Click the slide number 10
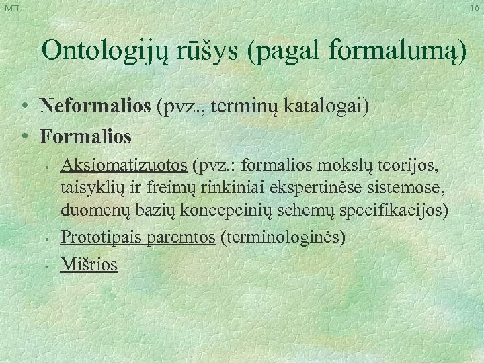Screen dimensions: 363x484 point(474,8)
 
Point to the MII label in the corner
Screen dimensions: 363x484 point(11,8)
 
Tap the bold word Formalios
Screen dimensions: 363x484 point(85,136)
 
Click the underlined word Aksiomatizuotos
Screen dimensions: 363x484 point(124,165)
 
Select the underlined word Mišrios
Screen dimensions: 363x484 point(89,264)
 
